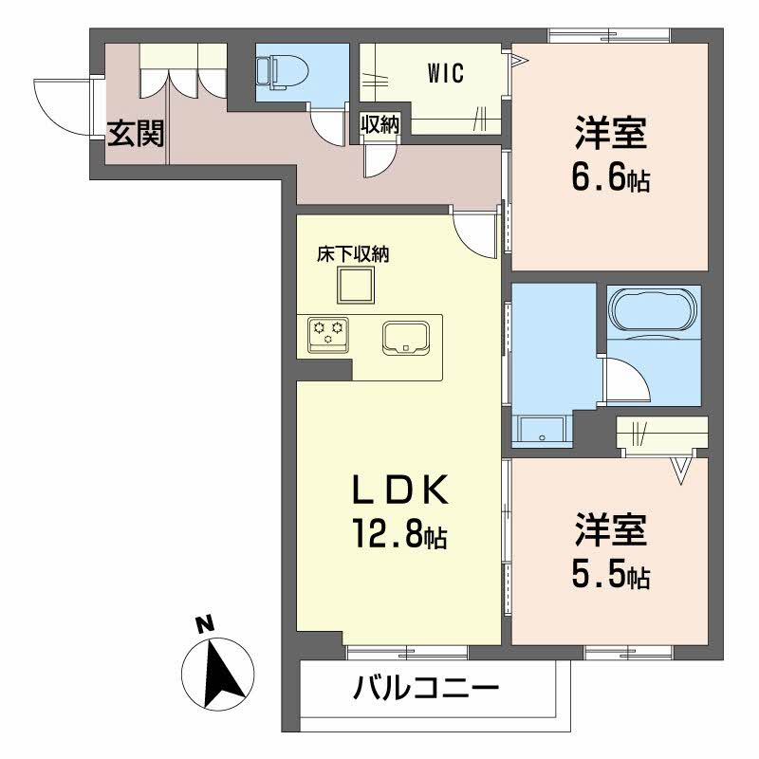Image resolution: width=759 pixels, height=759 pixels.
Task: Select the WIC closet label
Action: point(445,74)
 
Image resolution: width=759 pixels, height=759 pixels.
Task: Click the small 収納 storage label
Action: point(379,123)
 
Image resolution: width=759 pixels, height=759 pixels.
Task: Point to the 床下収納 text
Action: point(354,253)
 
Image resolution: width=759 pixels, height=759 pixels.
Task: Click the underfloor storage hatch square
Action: point(358,284)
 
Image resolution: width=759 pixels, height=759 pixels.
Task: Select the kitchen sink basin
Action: point(407,337)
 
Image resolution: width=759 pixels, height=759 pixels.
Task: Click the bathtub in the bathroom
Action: point(654,307)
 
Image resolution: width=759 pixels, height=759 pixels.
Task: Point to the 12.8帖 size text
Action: point(396,537)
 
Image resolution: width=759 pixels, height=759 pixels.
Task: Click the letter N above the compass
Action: point(202,624)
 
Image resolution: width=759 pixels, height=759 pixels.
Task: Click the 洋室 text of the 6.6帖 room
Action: point(610,134)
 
